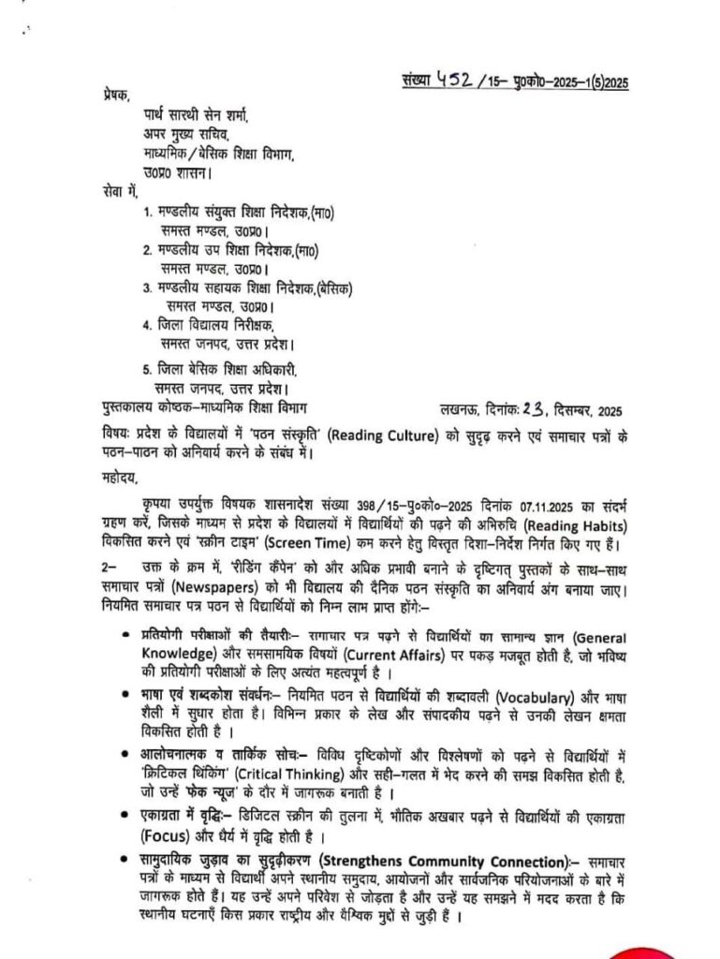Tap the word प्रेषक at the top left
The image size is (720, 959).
click(x=118, y=97)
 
